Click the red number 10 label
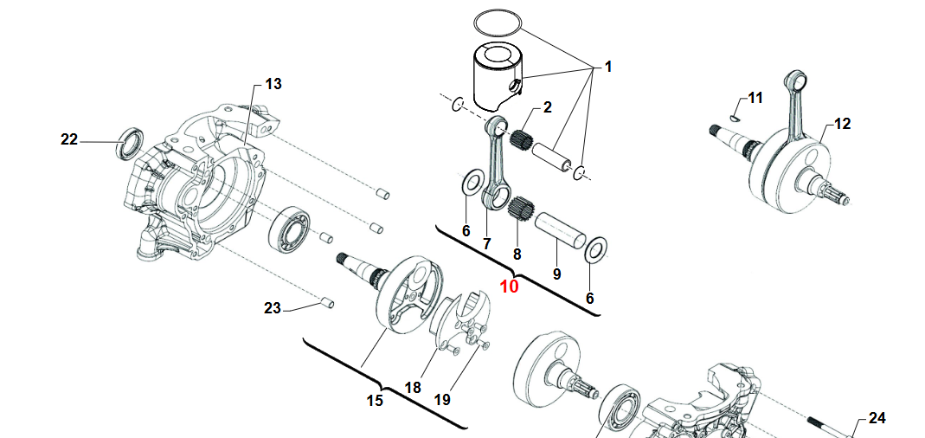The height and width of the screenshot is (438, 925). point(509,287)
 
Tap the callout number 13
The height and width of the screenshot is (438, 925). point(273,84)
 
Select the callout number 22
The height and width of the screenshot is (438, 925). point(70,138)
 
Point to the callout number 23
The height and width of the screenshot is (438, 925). point(273,308)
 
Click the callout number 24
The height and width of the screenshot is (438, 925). point(877,418)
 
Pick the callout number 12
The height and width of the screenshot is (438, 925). point(842,124)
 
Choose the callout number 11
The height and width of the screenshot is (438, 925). point(755,99)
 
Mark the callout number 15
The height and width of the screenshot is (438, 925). point(375,401)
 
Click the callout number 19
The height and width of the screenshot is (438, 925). point(442,400)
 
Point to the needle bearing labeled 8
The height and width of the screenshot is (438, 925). point(518,209)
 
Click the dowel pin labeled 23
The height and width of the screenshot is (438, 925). point(327,302)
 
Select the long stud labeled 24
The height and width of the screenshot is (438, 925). point(825,426)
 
